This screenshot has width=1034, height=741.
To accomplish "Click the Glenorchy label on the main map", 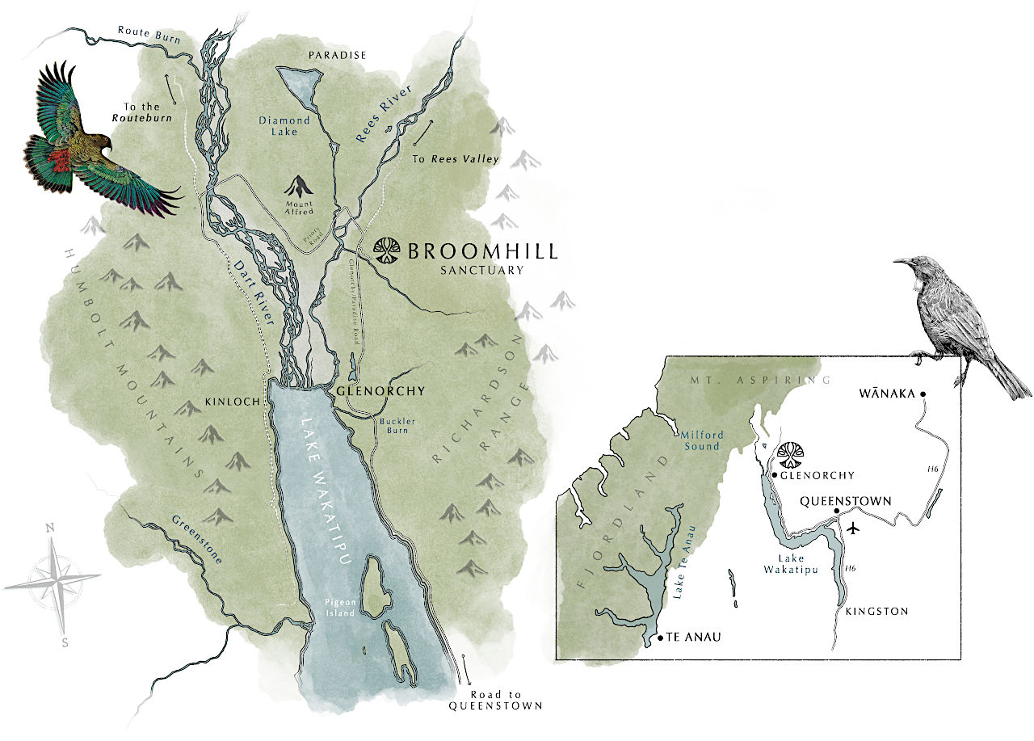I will (x=380, y=391).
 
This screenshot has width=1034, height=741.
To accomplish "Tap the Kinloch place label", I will (x=234, y=401).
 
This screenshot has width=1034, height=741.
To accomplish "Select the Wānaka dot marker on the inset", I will (x=922, y=394).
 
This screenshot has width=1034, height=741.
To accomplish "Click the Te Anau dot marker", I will (x=661, y=638).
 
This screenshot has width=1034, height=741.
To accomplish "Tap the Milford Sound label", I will (x=701, y=440).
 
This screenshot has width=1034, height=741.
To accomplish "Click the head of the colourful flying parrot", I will (x=99, y=140).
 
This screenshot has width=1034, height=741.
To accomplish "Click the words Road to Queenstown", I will (x=495, y=700).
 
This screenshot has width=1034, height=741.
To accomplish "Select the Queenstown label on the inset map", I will (x=845, y=501).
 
